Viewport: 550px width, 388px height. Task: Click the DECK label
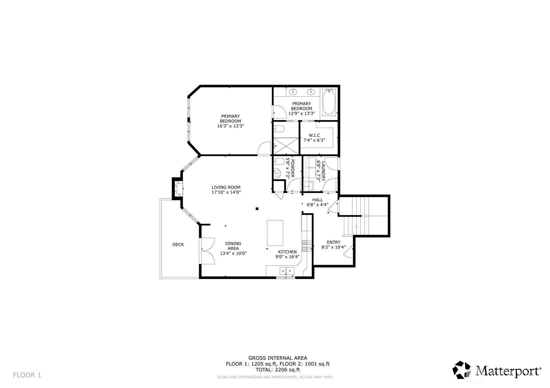point(178,244)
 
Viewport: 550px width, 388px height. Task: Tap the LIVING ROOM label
point(226,187)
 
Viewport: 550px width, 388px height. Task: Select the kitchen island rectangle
point(275,233)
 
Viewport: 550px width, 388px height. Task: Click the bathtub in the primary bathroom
point(329,102)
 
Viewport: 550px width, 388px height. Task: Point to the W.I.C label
point(314,135)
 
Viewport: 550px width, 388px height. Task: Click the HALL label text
point(318,200)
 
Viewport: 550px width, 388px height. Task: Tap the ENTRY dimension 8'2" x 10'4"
point(334,247)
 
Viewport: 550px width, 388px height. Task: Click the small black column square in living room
point(257,209)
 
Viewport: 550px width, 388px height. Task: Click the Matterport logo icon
point(462,370)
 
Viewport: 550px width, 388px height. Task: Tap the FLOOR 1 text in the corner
point(27,375)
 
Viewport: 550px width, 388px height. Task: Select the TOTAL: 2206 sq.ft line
point(278,370)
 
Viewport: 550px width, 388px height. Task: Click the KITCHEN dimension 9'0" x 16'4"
point(288,257)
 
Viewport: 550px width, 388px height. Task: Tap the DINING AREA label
point(233,246)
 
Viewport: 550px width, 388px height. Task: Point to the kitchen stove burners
point(305,246)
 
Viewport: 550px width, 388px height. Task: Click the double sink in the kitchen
point(287,271)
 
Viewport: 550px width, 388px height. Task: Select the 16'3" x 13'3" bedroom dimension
point(230,126)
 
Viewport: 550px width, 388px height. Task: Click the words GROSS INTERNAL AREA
point(278,358)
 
